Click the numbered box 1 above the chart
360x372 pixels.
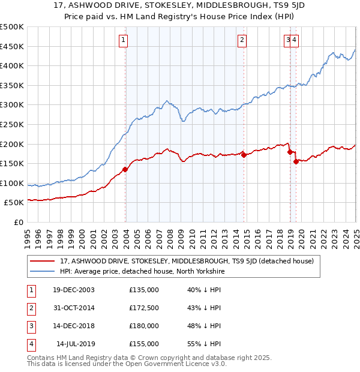tap(123, 40)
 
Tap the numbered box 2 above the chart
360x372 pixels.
tap(241, 40)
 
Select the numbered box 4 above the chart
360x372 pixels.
tap(295, 40)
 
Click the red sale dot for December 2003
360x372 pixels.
tap(125, 169)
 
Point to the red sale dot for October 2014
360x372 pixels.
tap(244, 154)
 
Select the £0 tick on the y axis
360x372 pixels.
tap(19, 222)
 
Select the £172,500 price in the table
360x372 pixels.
tap(144, 308)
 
